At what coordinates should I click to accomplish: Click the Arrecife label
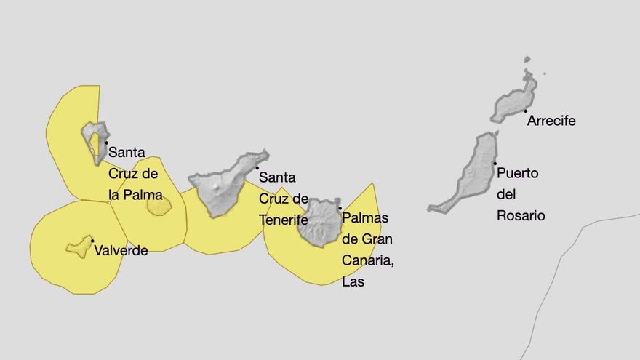(551, 121)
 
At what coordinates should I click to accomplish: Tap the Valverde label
(121, 250)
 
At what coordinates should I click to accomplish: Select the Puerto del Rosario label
(520, 194)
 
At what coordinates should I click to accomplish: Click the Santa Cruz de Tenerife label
(283, 198)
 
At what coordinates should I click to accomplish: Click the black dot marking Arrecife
(525, 111)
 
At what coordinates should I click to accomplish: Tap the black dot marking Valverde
(92, 241)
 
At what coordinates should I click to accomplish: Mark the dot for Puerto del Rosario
(495, 163)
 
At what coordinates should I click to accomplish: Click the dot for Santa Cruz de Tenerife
(257, 168)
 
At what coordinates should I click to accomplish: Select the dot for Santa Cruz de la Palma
(106, 143)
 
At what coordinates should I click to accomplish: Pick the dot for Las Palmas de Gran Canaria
(340, 209)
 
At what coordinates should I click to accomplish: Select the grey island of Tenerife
(222, 185)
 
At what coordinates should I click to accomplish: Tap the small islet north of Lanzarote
(527, 60)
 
